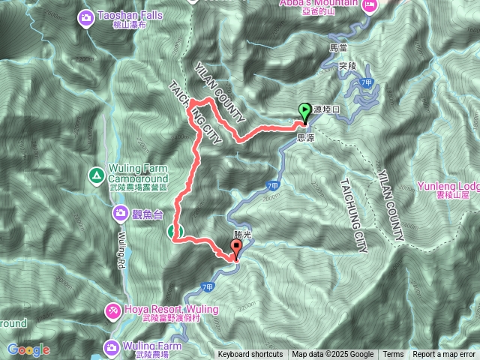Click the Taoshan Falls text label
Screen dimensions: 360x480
(x=127, y=15)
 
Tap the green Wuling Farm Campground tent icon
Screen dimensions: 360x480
(x=95, y=175)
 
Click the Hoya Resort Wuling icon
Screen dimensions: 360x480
(x=112, y=310)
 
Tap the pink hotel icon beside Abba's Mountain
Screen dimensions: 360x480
(x=369, y=5)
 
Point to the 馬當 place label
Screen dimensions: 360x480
(x=340, y=47)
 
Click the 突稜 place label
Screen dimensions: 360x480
(x=346, y=66)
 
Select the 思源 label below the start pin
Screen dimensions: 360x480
(x=306, y=138)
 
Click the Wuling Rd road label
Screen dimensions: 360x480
(x=121, y=251)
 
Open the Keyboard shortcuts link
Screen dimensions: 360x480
(x=250, y=355)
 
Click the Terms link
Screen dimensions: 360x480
(x=393, y=355)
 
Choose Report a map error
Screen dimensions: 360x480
(x=444, y=355)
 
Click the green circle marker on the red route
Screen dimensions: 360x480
(x=173, y=230)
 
